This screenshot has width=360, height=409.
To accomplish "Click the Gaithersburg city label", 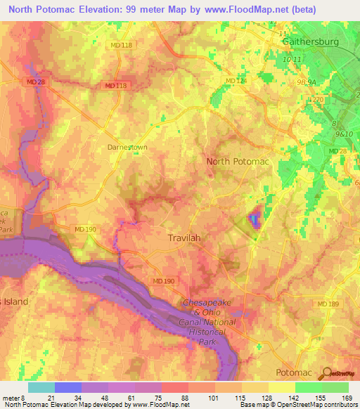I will (x=310, y=41).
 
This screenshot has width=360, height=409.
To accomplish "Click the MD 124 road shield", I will (x=236, y=82).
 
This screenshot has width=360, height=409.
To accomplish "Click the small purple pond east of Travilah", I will (x=254, y=219).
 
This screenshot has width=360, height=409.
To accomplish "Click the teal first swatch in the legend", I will (x=41, y=387).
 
